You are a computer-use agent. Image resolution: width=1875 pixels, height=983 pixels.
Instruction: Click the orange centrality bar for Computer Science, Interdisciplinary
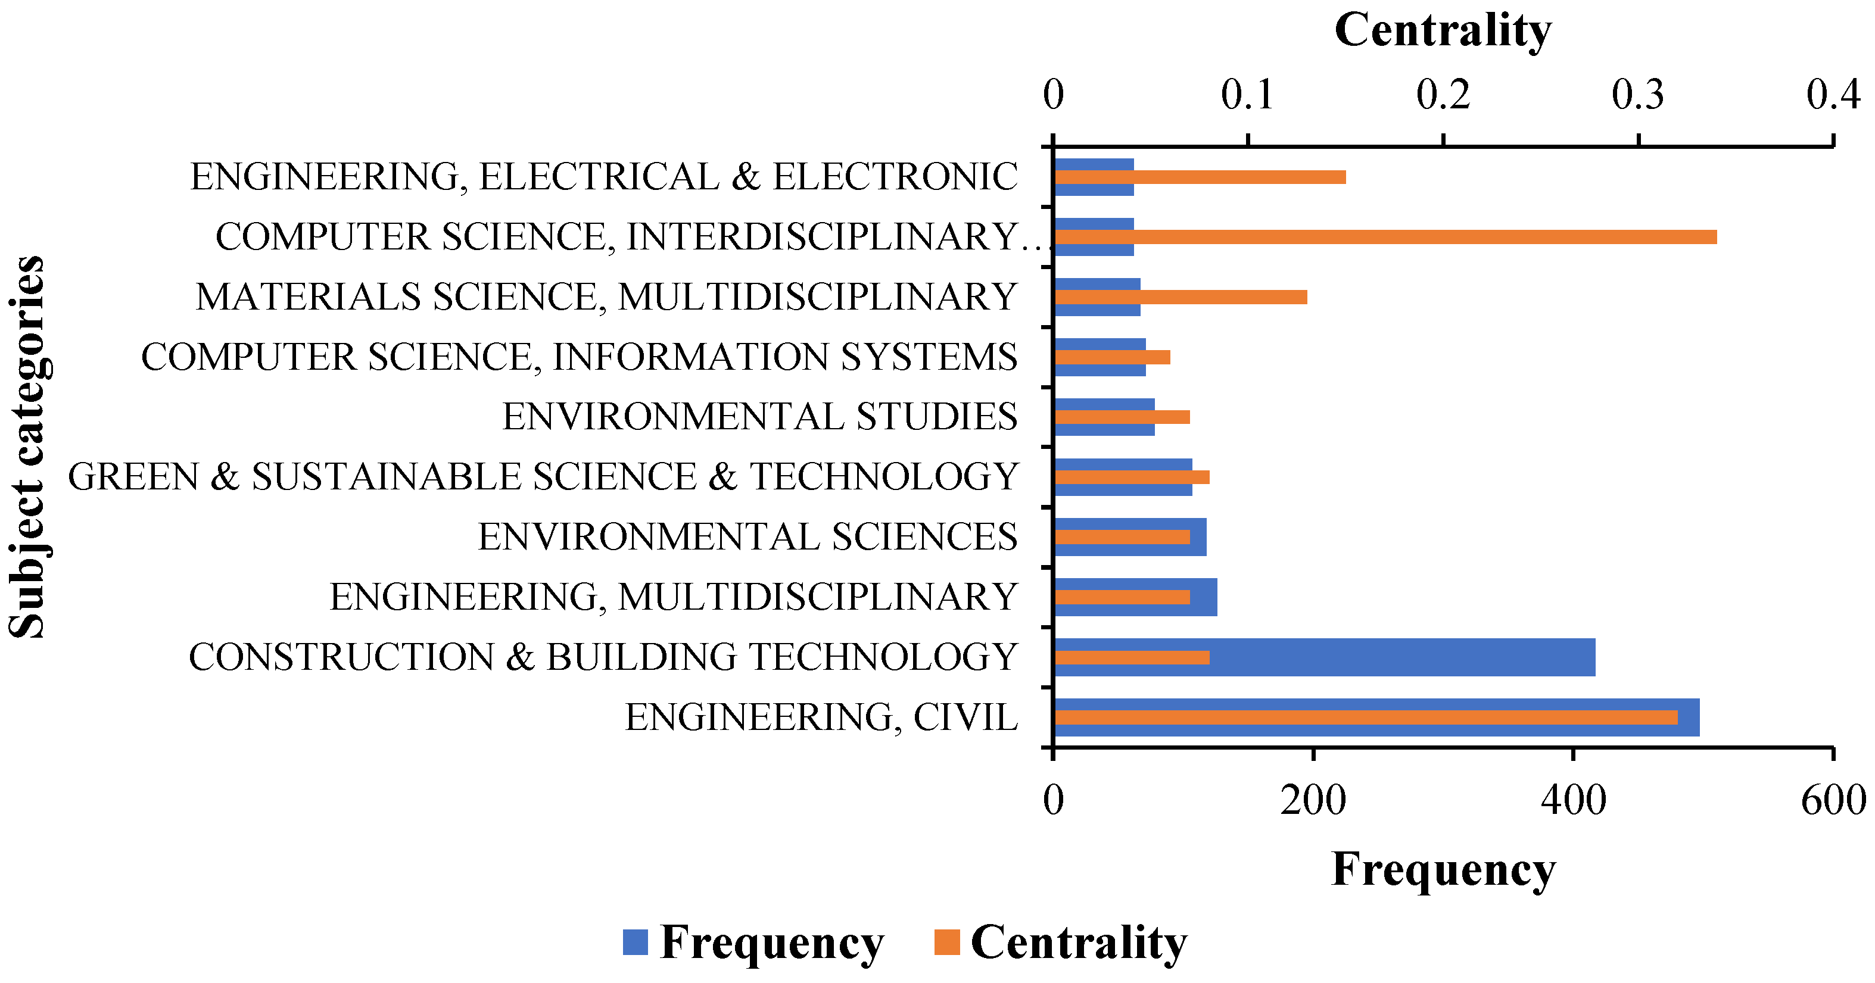pos(1383,237)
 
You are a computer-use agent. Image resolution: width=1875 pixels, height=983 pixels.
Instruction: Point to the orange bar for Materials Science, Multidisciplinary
pos(1179,297)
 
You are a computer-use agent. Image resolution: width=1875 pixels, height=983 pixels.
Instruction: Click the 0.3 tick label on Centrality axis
pos(1638,95)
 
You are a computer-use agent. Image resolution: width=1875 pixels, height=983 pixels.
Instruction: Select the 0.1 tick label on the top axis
pos(1248,95)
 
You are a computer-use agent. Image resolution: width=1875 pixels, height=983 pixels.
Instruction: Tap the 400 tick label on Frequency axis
pos(1574,800)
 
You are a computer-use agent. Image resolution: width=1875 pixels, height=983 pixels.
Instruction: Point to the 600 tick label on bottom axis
pos(1833,800)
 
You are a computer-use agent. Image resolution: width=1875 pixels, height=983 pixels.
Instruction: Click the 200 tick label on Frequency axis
pos(1313,800)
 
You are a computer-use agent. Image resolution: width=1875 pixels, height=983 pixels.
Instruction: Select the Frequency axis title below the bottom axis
pos(1443,869)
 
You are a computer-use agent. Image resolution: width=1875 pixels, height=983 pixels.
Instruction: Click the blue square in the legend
pos(636,943)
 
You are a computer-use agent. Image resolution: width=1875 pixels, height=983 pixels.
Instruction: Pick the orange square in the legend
pos(947,943)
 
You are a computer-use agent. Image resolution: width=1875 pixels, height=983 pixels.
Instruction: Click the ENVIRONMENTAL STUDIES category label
pos(759,417)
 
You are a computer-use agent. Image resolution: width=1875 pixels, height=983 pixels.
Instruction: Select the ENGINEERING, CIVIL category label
pos(820,717)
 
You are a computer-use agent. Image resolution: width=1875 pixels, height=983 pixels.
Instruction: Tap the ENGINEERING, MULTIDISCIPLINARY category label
pos(673,597)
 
